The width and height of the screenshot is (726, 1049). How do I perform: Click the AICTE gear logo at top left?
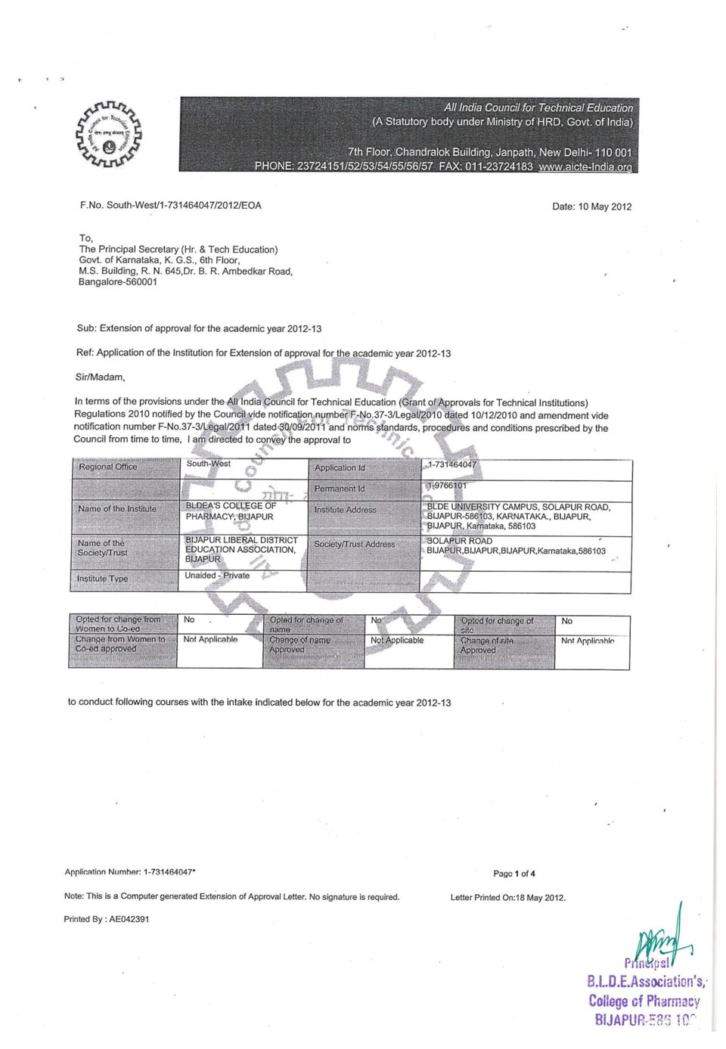tap(109, 134)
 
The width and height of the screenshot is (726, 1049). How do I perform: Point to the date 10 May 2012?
tap(592, 206)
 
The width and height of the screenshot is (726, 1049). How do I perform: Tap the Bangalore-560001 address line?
tap(118, 282)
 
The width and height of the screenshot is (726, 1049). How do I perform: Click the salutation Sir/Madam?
tap(101, 377)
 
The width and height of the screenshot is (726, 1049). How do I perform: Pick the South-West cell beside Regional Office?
tap(209, 464)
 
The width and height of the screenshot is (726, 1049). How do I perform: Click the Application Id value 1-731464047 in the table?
tap(452, 465)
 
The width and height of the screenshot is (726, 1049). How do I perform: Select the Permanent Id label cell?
tap(340, 489)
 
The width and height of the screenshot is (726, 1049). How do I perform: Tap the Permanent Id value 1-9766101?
tap(447, 486)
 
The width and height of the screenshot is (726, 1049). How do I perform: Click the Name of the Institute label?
tap(117, 509)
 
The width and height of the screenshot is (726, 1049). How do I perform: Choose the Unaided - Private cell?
tap(217, 576)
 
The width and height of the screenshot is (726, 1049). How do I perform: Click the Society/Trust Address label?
tap(355, 544)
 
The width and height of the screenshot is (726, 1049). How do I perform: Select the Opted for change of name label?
tap(306, 624)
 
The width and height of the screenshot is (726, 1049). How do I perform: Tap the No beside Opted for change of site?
tap(567, 621)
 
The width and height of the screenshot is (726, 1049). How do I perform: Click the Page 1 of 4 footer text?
tap(514, 874)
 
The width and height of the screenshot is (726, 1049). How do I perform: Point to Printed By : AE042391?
tap(107, 919)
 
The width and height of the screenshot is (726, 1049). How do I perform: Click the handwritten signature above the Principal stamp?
tap(662, 938)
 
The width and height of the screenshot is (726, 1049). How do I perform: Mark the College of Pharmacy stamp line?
tap(644, 1001)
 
